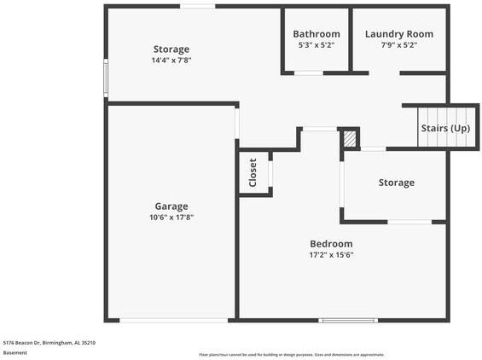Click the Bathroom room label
pyautogui.click(x=316, y=34)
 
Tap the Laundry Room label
pyautogui.click(x=399, y=34)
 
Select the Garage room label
pyautogui.click(x=171, y=206)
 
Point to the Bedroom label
pyautogui.click(x=331, y=244)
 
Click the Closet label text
pyautogui.click(x=253, y=172)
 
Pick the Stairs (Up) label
pyautogui.click(x=445, y=128)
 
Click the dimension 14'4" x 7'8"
pyautogui.click(x=171, y=61)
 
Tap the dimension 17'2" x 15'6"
pyautogui.click(x=331, y=255)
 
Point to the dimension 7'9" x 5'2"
pyautogui.click(x=399, y=45)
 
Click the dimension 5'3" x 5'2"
pyautogui.click(x=316, y=45)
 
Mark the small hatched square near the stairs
pyautogui.click(x=349, y=139)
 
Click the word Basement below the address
pyautogui.click(x=15, y=352)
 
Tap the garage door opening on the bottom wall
pyautogui.click(x=173, y=321)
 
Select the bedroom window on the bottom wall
pyautogui.click(x=348, y=321)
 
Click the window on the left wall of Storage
pyautogui.click(x=106, y=78)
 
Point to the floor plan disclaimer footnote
pyautogui.click(x=291, y=354)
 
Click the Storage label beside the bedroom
pyautogui.click(x=397, y=183)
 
